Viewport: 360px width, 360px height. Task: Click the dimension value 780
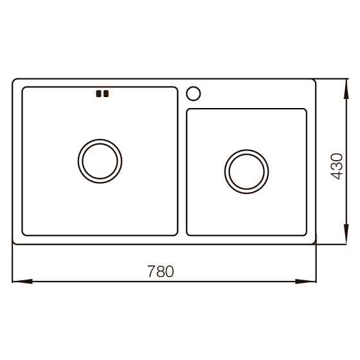(161, 271)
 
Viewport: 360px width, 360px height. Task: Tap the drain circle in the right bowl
(246, 170)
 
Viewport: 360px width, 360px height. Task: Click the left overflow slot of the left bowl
(98, 94)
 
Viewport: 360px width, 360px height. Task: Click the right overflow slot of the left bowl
(106, 94)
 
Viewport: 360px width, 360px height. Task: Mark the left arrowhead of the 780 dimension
(17, 281)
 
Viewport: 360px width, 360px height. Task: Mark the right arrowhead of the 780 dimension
(311, 281)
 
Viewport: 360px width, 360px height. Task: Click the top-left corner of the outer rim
(14, 80)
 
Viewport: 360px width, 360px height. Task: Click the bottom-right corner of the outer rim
(314, 243)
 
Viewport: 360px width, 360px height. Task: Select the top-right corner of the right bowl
(305, 110)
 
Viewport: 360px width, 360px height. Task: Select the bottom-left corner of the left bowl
(24, 234)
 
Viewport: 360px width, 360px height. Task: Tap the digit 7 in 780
(151, 271)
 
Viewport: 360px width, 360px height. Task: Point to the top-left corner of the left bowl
(24, 88)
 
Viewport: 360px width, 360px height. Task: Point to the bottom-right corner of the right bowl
(305, 233)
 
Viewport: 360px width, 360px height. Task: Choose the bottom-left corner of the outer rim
(14, 243)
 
